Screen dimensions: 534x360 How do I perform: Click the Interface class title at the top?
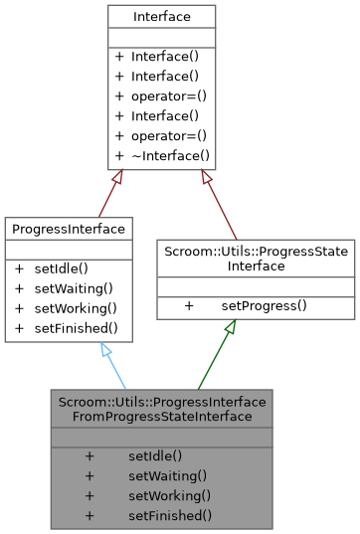click(161, 17)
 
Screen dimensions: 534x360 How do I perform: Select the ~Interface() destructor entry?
click(169, 155)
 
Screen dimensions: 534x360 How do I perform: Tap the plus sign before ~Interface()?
click(119, 155)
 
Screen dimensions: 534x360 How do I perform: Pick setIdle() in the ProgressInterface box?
click(62, 267)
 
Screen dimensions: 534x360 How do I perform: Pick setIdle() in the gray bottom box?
click(155, 454)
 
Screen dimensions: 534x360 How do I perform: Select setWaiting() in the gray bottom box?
click(167, 474)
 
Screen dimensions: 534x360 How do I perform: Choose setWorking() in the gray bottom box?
click(167, 494)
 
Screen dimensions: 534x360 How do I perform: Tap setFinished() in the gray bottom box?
click(169, 514)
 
